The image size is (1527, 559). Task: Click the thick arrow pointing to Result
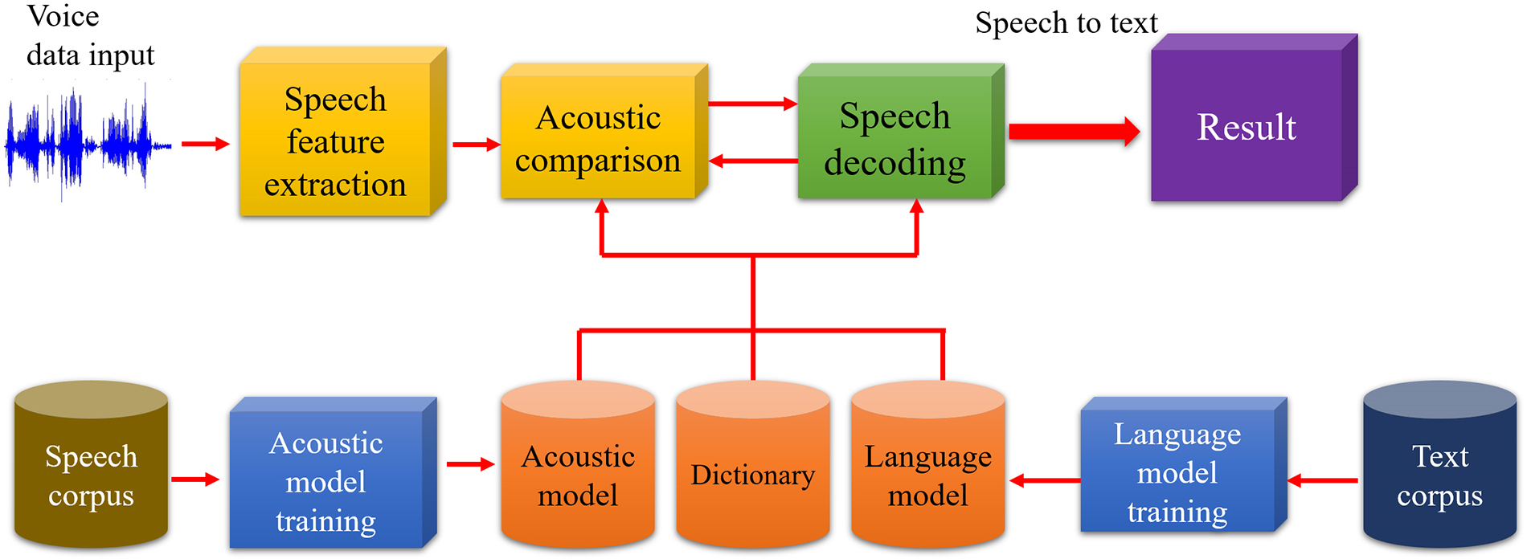click(1074, 132)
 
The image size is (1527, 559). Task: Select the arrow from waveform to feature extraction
click(205, 145)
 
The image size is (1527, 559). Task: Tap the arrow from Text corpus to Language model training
click(1323, 481)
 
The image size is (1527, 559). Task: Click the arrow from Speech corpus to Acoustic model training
click(195, 479)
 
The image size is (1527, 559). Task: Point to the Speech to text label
click(1066, 23)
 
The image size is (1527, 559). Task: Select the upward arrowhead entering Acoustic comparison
click(601, 206)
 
